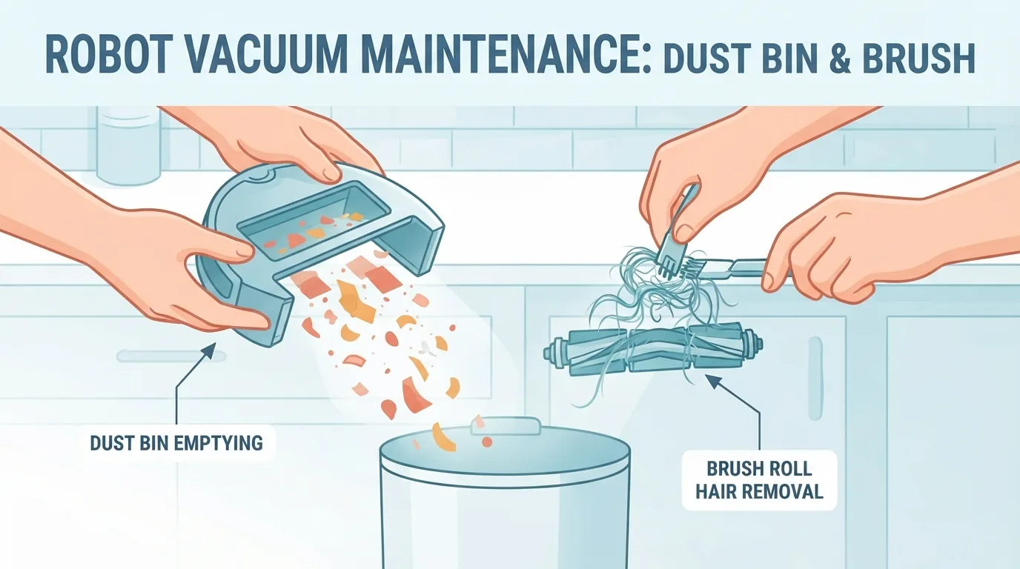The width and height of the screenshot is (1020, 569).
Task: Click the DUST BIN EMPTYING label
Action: coord(176,443)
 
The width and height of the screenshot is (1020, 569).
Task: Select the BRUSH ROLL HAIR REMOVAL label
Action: coord(759,480)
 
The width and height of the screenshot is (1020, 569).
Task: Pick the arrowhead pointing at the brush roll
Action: coord(713,382)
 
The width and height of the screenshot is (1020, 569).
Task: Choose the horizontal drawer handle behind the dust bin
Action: coord(170,356)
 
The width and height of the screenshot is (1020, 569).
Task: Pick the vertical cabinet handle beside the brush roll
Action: coord(815,379)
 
